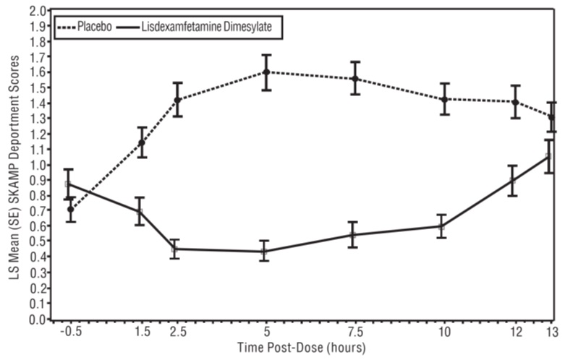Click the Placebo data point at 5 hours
[x=266, y=72]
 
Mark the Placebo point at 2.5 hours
[x=177, y=100]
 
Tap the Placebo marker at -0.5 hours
[x=70, y=210]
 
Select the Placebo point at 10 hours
[x=443, y=99]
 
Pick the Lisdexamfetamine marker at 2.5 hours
[x=175, y=249]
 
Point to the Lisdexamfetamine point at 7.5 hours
[x=354, y=235]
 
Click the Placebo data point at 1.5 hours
[x=142, y=142]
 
